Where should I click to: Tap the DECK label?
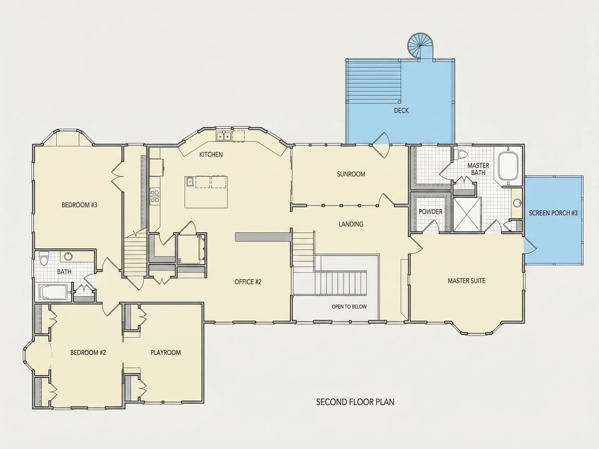click(401, 110)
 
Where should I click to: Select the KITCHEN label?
click(211, 155)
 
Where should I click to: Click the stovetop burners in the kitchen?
click(155, 196)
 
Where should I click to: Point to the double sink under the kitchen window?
click(224, 136)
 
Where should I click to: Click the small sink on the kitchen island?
click(190, 182)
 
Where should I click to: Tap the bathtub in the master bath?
click(508, 166)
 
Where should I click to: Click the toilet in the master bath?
click(461, 154)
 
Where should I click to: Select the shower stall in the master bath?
click(467, 214)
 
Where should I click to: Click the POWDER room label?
click(430, 212)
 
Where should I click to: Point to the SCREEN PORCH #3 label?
click(553, 213)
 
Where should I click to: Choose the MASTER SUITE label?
click(466, 281)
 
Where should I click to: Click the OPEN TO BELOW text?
click(349, 307)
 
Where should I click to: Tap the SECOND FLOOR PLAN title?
click(355, 402)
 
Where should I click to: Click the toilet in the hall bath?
click(44, 258)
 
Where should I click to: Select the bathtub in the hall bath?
click(53, 292)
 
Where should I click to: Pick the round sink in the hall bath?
click(68, 256)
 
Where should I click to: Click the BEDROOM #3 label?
click(79, 205)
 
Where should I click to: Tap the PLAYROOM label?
click(165, 352)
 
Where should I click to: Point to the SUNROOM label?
click(351, 174)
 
